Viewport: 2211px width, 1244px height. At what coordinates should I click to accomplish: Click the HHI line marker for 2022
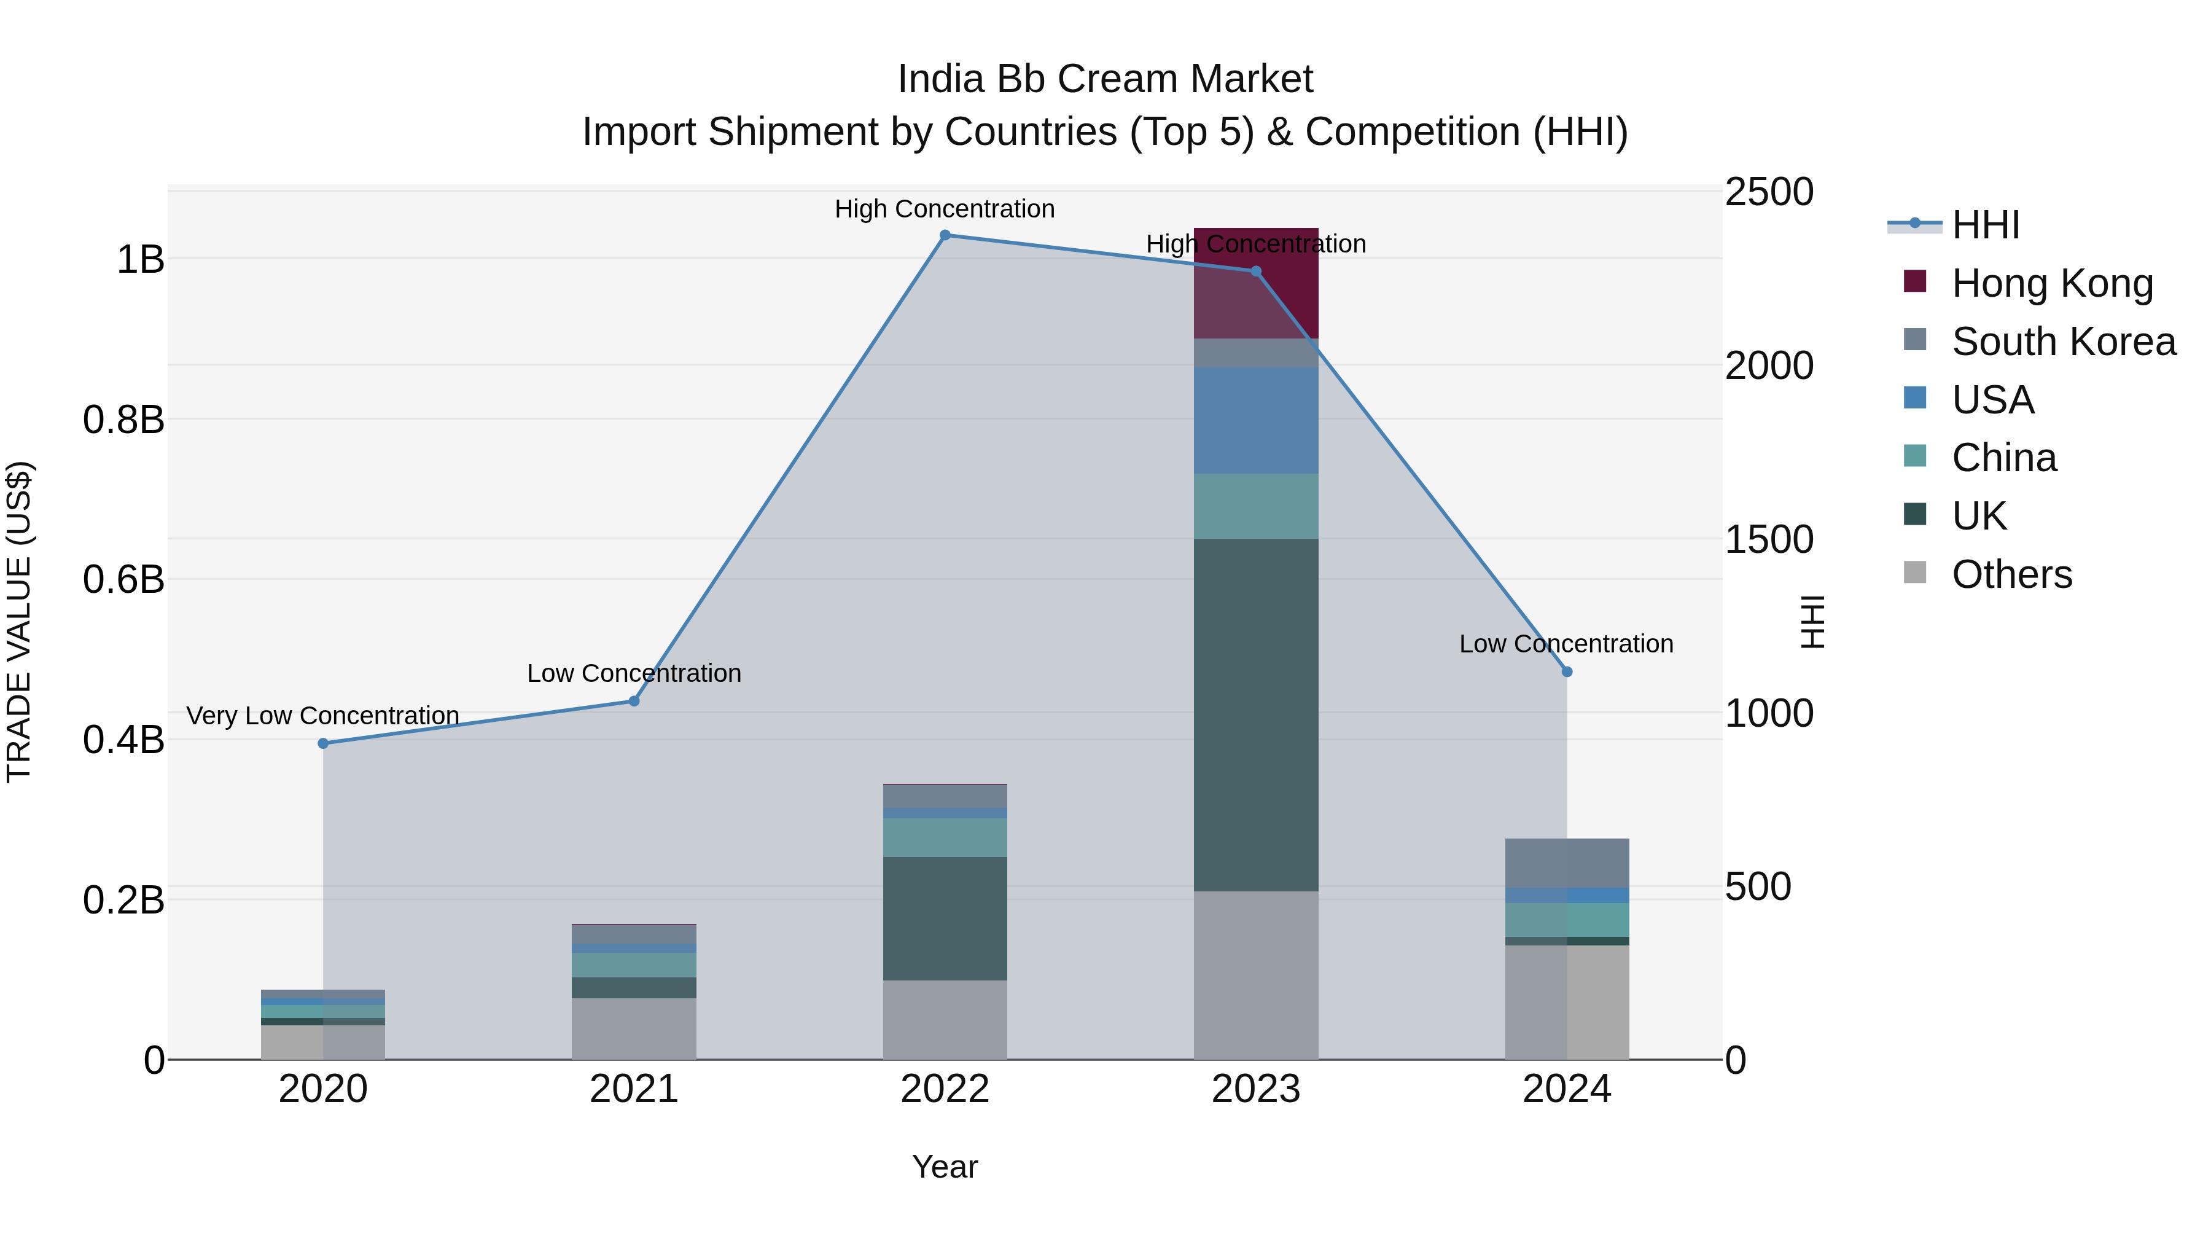coord(945,235)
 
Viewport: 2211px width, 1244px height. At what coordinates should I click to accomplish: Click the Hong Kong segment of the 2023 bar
coord(1256,283)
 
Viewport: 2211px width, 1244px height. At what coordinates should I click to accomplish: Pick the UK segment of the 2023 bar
coord(1256,714)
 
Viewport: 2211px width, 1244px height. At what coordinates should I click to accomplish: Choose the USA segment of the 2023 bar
coord(1256,421)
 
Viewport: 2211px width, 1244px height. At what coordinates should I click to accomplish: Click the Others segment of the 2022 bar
coord(945,1020)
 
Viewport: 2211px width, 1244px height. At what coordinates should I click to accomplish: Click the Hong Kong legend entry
coord(2051,283)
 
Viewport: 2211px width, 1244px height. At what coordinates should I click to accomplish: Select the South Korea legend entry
coord(2064,342)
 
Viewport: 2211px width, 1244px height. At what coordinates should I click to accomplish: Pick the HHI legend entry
coord(1984,225)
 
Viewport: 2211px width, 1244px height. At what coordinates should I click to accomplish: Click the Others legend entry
coord(2011,574)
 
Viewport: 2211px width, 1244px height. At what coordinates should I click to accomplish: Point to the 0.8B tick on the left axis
coord(123,420)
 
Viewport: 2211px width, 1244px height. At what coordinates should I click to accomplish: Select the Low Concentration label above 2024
coord(1566,644)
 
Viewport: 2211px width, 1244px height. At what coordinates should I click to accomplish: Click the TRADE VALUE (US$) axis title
coord(19,622)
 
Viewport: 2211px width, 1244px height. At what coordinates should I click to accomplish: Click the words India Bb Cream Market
coord(1105,79)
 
